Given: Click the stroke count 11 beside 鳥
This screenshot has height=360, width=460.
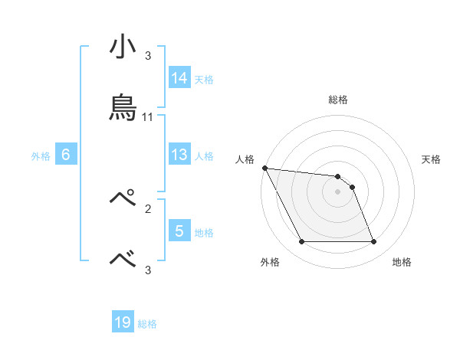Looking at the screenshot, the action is pos(148,117).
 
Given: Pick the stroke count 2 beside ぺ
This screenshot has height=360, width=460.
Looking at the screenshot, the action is pos(148,208).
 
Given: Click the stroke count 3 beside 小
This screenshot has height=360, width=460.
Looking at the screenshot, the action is pos(148,56).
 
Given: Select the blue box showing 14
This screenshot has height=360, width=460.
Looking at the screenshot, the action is pos(179,78).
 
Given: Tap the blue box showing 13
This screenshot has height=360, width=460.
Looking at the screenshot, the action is pos(179,155).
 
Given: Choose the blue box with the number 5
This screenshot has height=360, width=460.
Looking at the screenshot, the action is pos(179,231).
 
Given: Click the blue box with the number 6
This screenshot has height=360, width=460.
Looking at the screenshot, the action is pos(66,155).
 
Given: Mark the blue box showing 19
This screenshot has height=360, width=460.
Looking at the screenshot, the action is pos(123,322).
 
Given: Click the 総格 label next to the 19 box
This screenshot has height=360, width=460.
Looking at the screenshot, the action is pos(147,324).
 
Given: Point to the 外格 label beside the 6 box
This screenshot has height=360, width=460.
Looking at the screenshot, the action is pos(41,156).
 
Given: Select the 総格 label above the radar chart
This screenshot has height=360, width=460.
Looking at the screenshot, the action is pos(338,100).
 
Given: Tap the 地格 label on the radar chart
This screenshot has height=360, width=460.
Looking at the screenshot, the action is pos(402,263).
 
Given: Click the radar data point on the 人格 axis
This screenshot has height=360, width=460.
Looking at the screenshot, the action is pos(264,168).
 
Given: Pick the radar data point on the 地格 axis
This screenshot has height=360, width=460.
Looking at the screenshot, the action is pos(373,242).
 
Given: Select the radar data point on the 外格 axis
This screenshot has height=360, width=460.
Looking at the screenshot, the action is pos(302,242).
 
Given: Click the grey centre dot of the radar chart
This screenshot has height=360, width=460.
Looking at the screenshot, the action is pos(338,191).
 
